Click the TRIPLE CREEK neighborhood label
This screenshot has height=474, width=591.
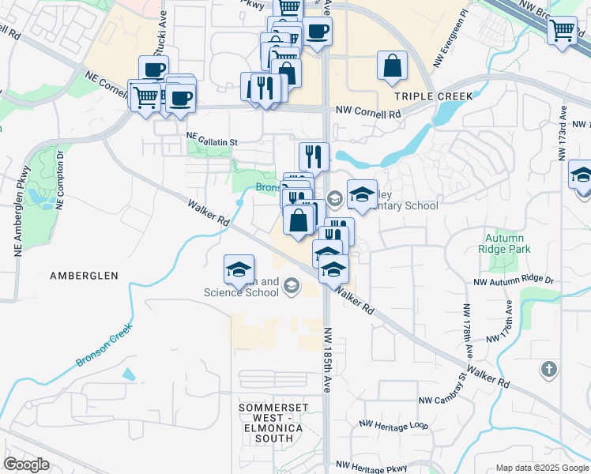click(433, 96)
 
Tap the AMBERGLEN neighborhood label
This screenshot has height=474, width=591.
click(84, 276)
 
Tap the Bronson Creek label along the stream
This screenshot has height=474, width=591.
click(103, 348)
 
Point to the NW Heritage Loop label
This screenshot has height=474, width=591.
click(393, 425)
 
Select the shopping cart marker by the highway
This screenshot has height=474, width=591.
click(562, 32)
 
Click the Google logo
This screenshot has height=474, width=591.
click(27, 464)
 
